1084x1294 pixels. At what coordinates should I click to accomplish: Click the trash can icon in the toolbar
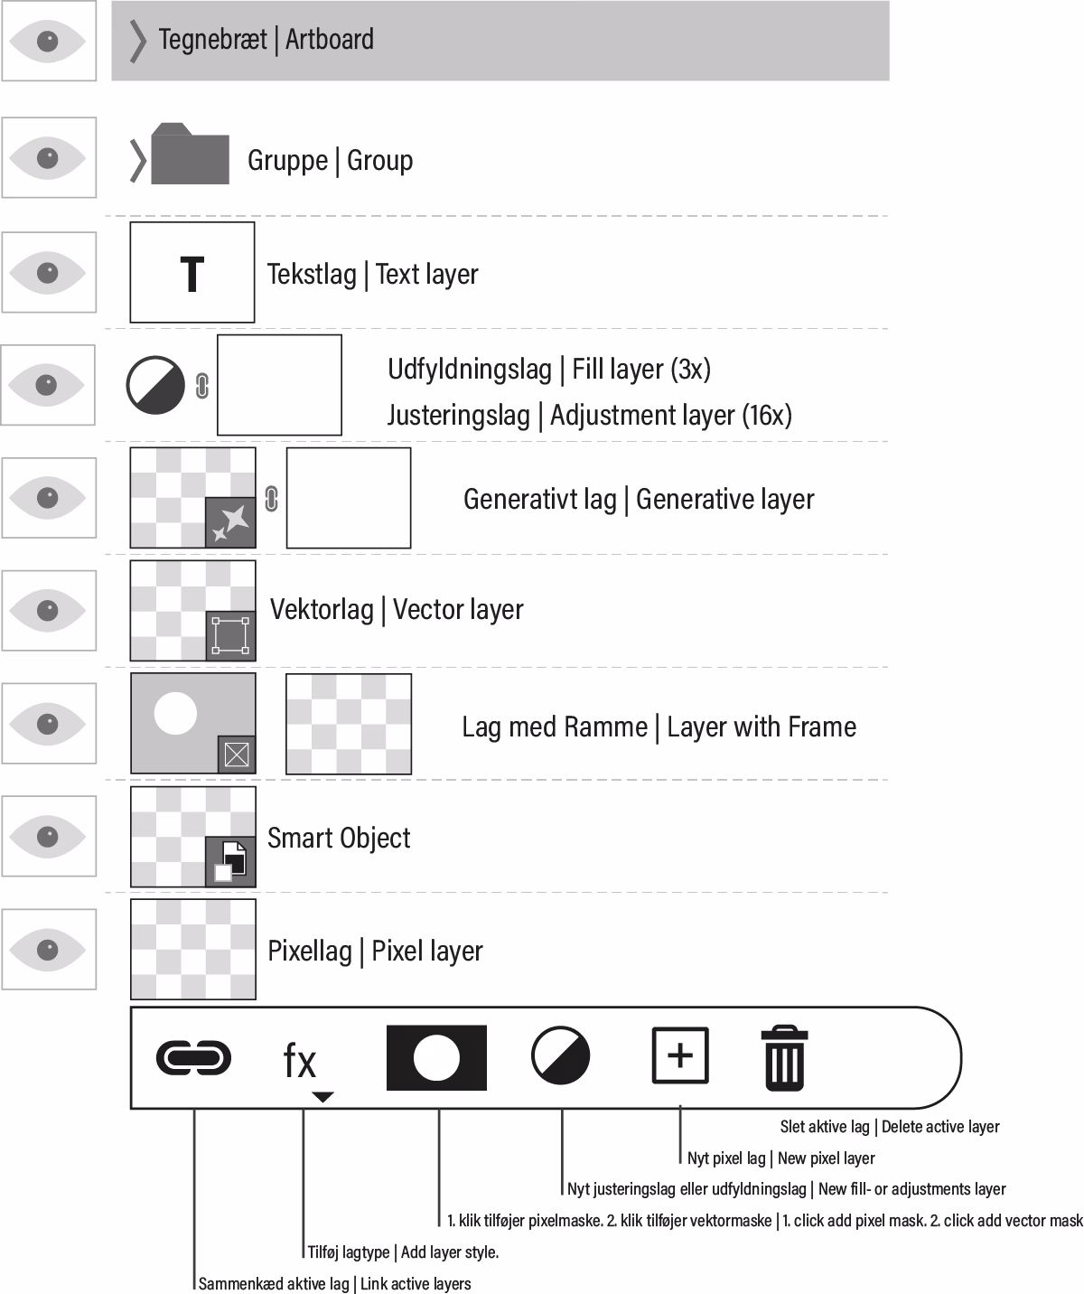(783, 1056)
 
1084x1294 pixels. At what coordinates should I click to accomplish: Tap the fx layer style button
(301, 1061)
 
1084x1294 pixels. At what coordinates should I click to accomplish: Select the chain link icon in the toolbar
(193, 1057)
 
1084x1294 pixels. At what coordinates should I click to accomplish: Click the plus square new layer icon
(680, 1055)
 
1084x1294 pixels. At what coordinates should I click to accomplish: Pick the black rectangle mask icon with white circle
(436, 1057)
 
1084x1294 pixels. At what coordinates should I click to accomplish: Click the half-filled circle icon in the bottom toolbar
(560, 1055)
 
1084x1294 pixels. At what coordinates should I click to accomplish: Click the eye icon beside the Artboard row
(48, 41)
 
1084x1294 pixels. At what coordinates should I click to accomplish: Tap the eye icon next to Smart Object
(48, 836)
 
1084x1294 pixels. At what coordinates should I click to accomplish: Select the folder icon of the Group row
(190, 155)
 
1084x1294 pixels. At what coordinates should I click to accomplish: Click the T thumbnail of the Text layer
(192, 273)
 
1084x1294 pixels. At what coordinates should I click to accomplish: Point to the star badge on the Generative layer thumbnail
(231, 522)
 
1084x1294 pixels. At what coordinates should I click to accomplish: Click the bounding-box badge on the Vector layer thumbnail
(231, 635)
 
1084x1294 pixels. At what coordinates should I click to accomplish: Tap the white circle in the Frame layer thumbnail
(175, 712)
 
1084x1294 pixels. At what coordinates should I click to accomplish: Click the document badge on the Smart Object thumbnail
(231, 861)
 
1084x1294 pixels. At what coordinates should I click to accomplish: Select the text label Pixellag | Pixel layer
(375, 951)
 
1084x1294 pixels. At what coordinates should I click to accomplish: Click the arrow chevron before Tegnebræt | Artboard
(137, 41)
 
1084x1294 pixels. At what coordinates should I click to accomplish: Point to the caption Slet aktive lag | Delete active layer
(889, 1127)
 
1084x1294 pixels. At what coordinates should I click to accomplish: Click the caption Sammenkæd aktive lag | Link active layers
(334, 1284)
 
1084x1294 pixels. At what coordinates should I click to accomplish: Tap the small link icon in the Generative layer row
(271, 498)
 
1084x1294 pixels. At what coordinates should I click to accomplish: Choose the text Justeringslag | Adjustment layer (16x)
(589, 416)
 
